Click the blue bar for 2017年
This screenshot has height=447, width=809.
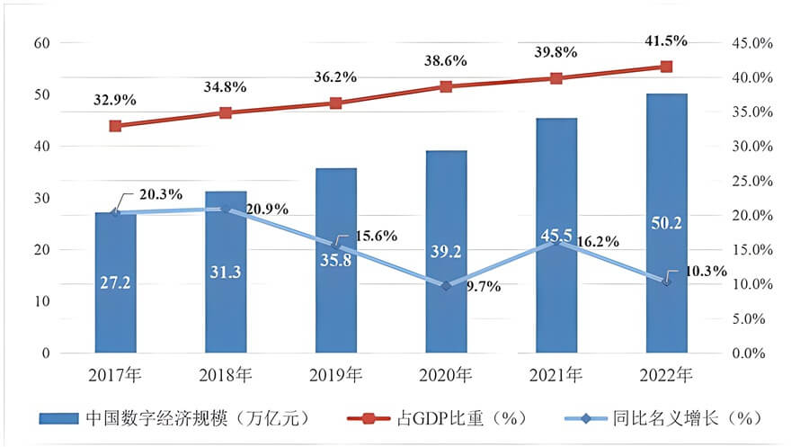(x=115, y=282)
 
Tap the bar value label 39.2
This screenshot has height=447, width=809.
(x=446, y=252)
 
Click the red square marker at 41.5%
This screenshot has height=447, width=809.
(x=666, y=67)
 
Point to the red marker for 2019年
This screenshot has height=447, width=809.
(x=335, y=103)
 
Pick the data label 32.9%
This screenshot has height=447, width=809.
(x=116, y=99)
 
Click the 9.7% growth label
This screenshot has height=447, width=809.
(x=481, y=287)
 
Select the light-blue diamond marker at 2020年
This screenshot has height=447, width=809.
(x=446, y=285)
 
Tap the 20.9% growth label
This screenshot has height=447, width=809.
(x=267, y=209)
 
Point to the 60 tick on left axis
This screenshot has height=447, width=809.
(x=42, y=42)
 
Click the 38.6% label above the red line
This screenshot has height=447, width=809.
(x=446, y=61)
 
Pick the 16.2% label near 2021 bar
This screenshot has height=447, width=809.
(x=613, y=242)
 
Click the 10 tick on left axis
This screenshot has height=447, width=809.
(x=42, y=302)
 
